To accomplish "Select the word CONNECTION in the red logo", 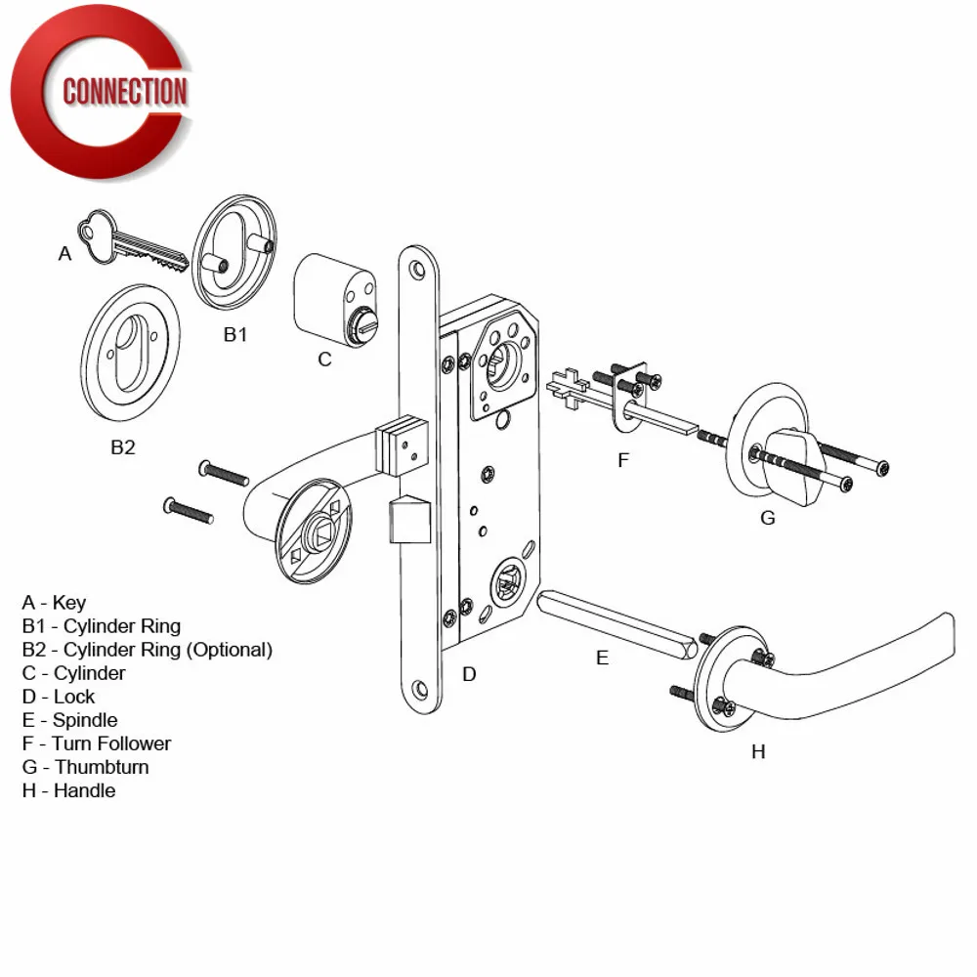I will [x=124, y=92].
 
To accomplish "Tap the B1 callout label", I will [x=235, y=334].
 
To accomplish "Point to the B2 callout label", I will [x=123, y=447].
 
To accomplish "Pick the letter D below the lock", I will [x=469, y=674].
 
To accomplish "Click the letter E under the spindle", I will [x=602, y=658].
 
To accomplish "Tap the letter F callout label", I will [x=624, y=459].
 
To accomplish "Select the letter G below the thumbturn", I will [x=768, y=518].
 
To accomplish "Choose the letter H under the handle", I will [x=758, y=750].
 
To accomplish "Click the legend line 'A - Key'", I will [x=54, y=603].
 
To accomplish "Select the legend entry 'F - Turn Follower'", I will [x=96, y=743].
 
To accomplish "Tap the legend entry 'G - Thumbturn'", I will [x=85, y=767].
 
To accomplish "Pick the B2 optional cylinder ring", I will [x=131, y=354].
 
